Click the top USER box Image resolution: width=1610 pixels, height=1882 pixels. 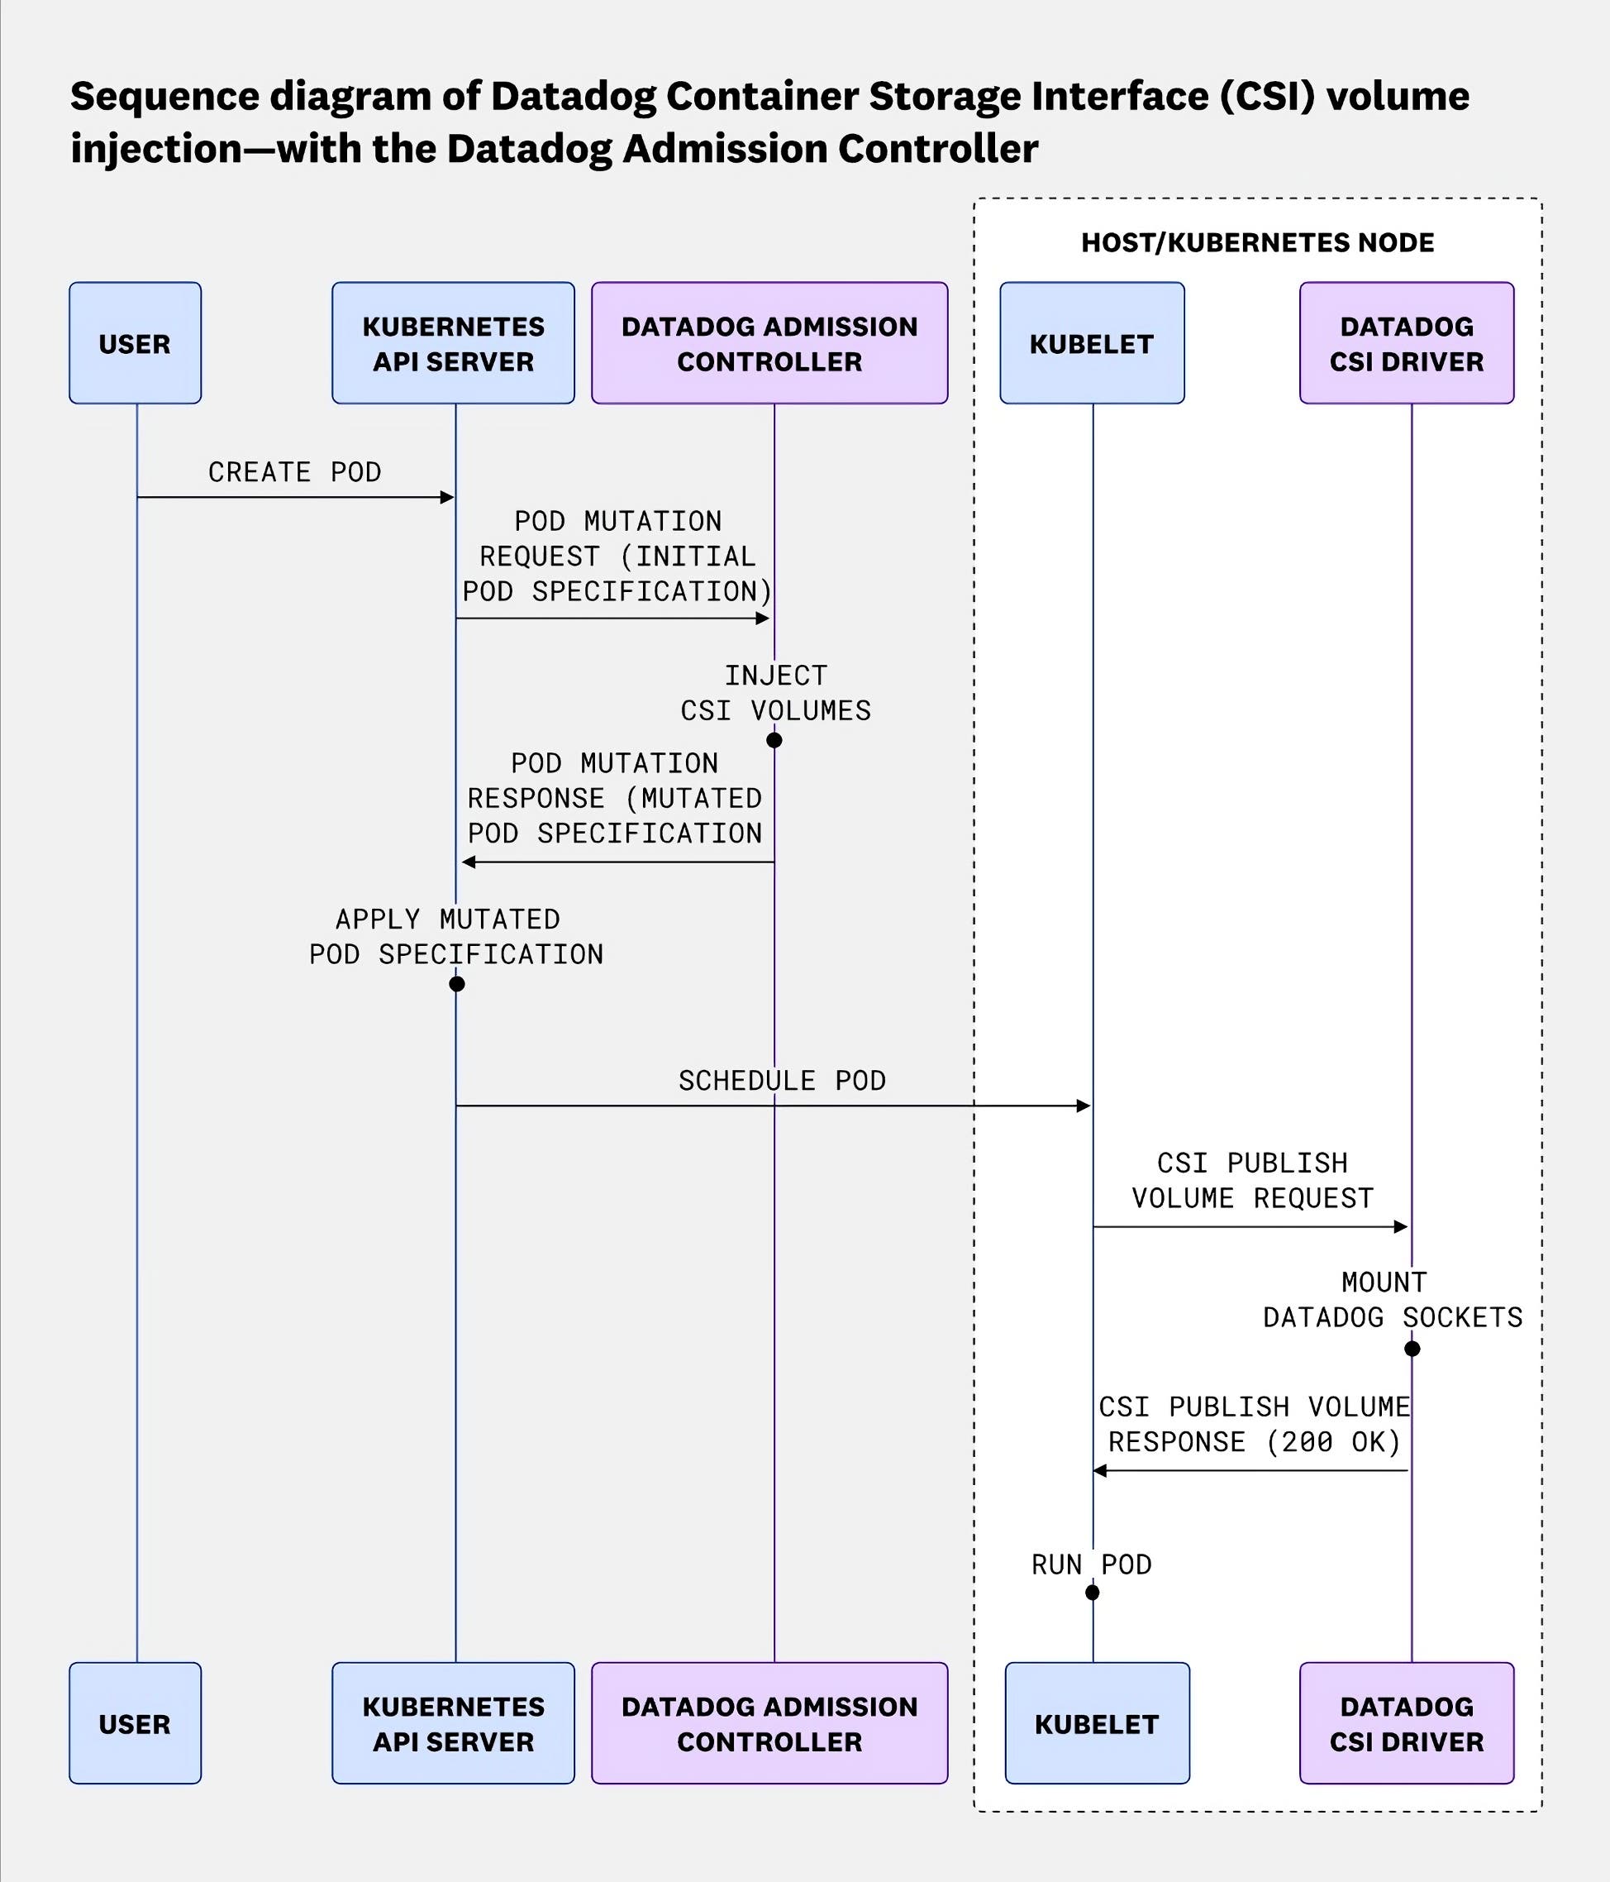point(135,343)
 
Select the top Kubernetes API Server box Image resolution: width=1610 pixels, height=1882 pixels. point(453,343)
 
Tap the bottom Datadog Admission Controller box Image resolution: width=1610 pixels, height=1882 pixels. point(769,1723)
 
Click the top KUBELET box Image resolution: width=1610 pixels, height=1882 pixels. point(1092,343)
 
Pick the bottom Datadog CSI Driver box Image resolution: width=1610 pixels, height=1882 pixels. point(1406,1723)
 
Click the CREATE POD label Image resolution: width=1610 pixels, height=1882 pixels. point(294,472)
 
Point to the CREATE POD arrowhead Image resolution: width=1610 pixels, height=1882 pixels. point(447,497)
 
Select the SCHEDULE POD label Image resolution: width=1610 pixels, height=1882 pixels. point(782,1080)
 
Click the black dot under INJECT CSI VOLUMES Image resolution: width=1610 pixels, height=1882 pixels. point(774,740)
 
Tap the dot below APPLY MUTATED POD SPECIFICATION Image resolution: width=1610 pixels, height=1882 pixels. point(457,984)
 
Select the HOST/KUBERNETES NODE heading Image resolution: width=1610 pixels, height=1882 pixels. point(1257,242)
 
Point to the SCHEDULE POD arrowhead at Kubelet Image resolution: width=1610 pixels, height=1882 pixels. point(1083,1106)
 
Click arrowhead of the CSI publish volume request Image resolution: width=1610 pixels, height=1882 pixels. point(1400,1226)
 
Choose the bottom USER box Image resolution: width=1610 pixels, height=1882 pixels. point(135,1723)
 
